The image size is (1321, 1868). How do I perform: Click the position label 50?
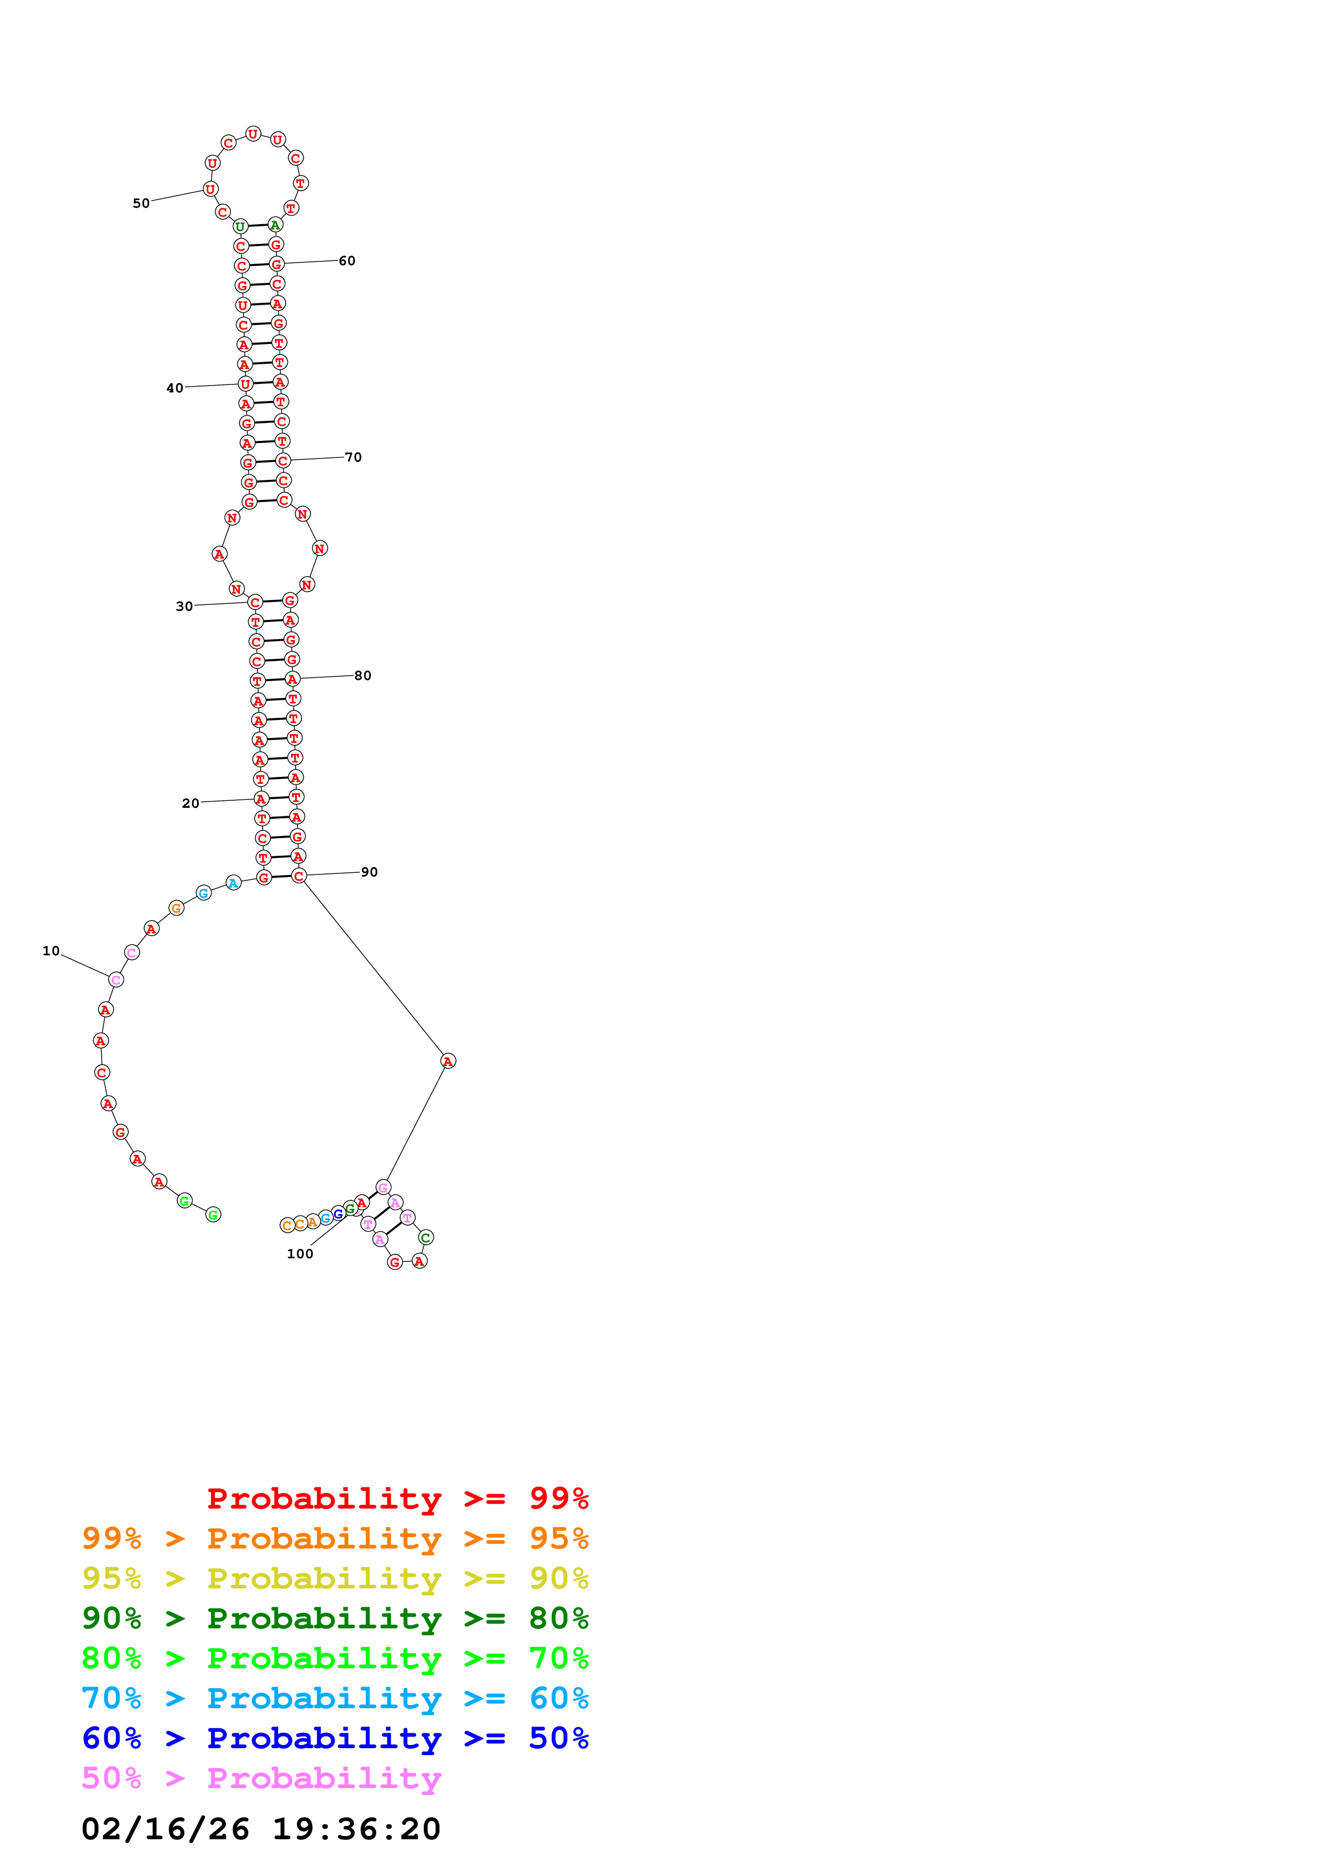coord(141,203)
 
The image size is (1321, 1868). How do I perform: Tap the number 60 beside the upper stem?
coord(347,261)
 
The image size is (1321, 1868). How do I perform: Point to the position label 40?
coord(174,388)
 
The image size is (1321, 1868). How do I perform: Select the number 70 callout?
coord(352,457)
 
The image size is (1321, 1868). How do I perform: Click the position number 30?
coord(184,606)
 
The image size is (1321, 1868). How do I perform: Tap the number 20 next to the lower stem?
coord(190,803)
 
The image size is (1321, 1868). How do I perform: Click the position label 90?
coord(369,872)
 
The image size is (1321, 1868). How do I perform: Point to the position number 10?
coord(51,951)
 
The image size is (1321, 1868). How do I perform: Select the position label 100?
coord(299,1253)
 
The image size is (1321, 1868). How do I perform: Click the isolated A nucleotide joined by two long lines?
coord(448,1061)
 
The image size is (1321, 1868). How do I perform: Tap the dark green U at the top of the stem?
coord(240,226)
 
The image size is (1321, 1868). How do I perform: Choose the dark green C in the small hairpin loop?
coord(425,1238)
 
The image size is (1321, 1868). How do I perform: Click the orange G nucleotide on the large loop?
coord(176,908)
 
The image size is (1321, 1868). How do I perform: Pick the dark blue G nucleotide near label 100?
coord(338,1214)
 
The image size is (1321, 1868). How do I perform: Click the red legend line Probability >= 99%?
coord(397,1498)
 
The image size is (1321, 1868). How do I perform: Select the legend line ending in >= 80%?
coord(335,1618)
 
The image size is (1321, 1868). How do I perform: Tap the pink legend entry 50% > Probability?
coord(261,1777)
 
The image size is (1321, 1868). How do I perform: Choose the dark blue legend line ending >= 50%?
coord(335,1738)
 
